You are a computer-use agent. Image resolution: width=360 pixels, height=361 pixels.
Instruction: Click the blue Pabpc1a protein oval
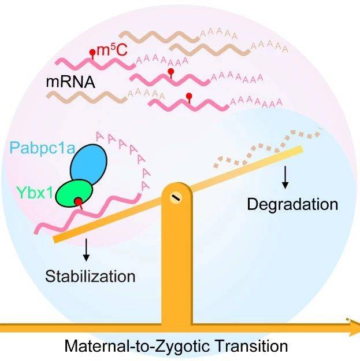[x=88, y=164]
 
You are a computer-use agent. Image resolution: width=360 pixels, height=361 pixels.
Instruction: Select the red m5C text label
[x=112, y=50]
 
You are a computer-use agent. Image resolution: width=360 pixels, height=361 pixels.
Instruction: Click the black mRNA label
[x=70, y=82]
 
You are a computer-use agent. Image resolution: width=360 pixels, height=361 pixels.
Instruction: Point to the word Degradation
[x=292, y=204]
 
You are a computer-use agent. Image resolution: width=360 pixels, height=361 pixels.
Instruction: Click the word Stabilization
[x=90, y=277]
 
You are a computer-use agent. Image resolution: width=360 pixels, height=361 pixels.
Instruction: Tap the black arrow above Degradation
[x=285, y=177]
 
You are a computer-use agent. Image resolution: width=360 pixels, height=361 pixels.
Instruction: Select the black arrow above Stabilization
[x=86, y=250]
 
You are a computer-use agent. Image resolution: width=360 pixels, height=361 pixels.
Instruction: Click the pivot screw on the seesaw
[x=176, y=198]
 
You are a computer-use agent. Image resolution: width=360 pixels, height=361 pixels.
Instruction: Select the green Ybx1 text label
[x=35, y=193]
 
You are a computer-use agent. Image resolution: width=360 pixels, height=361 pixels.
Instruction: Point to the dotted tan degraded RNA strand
[x=267, y=149]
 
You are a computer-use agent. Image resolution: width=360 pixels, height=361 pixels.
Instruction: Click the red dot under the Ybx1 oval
[x=79, y=202]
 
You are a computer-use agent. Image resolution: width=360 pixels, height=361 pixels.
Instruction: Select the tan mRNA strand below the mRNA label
[x=87, y=97]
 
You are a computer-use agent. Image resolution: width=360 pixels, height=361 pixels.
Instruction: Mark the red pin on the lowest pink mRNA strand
[x=189, y=98]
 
